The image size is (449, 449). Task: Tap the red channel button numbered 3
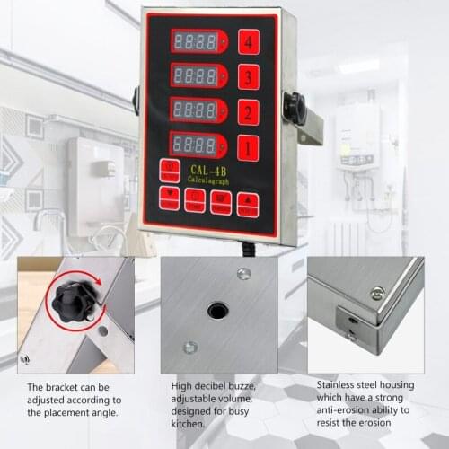(x=248, y=76)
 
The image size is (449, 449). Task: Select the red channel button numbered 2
(x=248, y=112)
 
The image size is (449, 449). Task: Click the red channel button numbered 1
(x=248, y=147)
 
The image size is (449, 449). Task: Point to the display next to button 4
(x=198, y=41)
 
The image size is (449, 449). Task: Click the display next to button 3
(x=198, y=76)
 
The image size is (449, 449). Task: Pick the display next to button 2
(x=198, y=110)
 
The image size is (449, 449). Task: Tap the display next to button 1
(x=198, y=145)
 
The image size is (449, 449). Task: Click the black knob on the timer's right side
(x=295, y=108)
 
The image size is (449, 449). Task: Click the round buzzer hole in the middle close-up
(x=218, y=311)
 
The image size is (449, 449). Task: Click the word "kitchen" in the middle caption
(x=189, y=423)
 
